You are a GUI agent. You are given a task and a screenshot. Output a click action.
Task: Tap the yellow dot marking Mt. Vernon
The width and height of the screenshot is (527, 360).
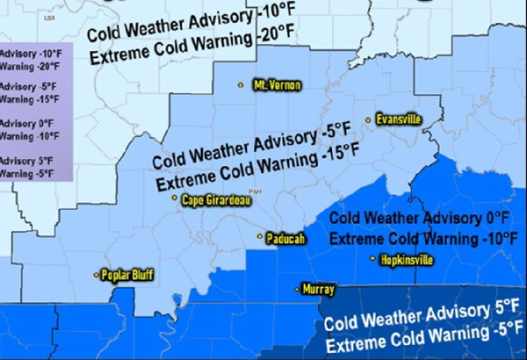tap(241, 85)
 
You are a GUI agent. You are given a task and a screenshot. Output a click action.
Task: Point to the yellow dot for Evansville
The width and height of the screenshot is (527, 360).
tap(371, 119)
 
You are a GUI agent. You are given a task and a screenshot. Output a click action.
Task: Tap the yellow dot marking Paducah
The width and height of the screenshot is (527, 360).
tap(259, 237)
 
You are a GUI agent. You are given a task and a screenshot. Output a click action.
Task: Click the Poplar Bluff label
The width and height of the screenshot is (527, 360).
tap(128, 275)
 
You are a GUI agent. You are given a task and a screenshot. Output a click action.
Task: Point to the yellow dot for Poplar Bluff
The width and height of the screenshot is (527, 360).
tap(96, 276)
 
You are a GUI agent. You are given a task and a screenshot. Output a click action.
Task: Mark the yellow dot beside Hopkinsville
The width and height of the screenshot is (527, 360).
tap(374, 259)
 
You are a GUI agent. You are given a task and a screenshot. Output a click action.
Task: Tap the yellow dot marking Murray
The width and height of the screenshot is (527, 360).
tap(298, 288)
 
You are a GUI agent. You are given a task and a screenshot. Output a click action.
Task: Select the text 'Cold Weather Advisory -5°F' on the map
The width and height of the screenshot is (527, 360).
tap(246, 148)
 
